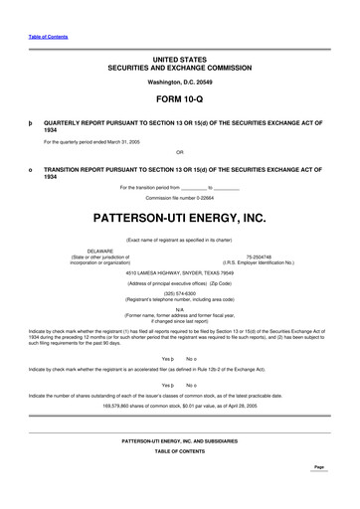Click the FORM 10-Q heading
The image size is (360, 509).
click(179, 100)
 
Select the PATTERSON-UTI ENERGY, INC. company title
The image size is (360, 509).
click(179, 217)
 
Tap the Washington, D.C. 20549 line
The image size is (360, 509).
click(179, 81)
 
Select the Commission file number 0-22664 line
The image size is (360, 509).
click(179, 197)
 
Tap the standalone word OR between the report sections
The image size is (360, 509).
click(179, 152)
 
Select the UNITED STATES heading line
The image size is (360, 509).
click(179, 61)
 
